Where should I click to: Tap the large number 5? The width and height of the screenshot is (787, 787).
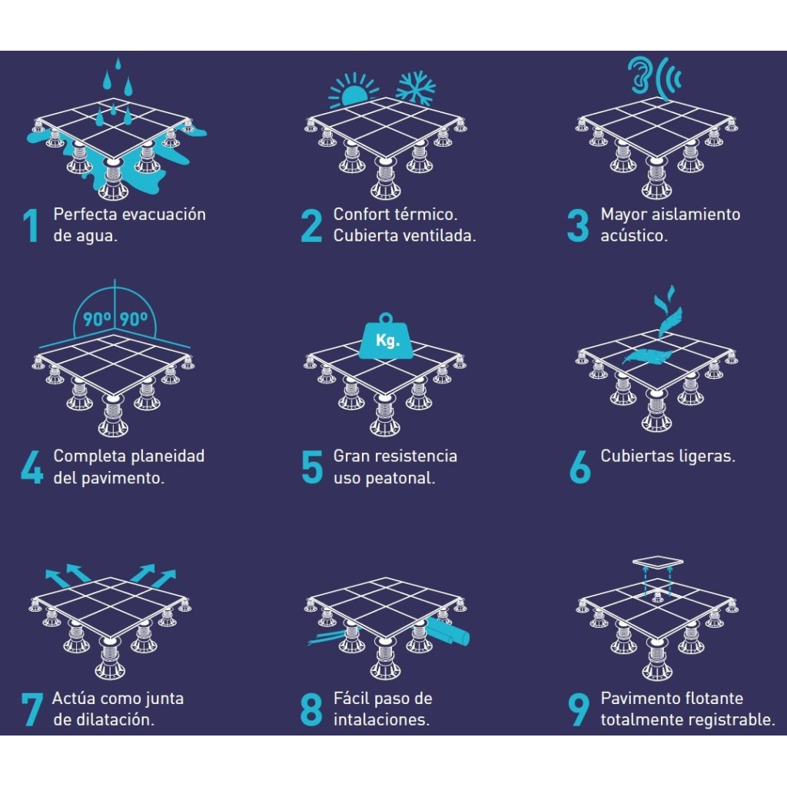[x=312, y=467]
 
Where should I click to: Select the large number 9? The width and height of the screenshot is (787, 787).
[x=579, y=709]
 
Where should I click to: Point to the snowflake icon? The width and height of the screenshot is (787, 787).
[x=416, y=88]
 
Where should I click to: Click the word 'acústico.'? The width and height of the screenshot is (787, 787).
[x=634, y=235]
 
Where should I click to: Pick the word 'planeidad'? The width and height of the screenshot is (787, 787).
[x=167, y=457]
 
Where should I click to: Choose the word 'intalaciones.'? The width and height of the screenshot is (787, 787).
[x=381, y=719]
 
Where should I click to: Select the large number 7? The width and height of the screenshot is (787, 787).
[x=32, y=709]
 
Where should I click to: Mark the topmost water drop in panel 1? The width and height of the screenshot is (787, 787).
[x=118, y=65]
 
